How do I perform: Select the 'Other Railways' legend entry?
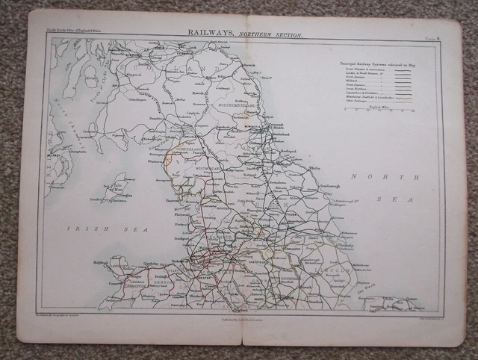(358, 102)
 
